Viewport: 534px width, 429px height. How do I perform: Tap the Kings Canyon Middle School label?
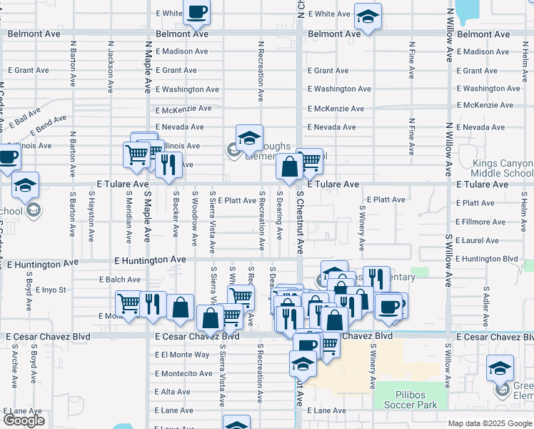[502, 168]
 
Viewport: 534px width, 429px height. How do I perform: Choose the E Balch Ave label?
[120, 280]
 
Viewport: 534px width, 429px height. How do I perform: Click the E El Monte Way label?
[183, 355]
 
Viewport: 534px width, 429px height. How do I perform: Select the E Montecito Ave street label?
[185, 373]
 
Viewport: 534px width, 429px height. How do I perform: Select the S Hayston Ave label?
[92, 213]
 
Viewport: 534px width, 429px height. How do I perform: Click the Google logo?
[24, 420]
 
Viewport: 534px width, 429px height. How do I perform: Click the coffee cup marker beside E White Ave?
[197, 12]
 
